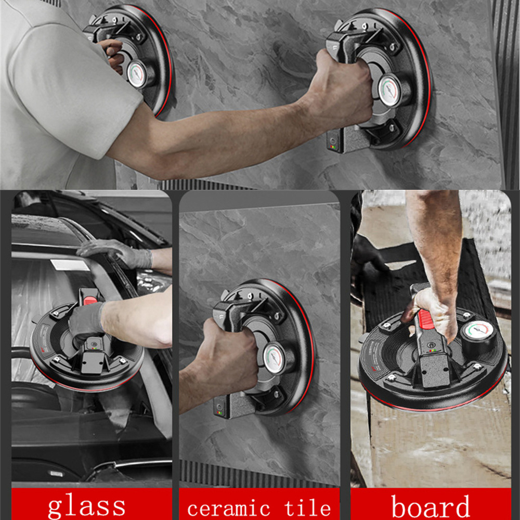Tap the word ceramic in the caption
[x=229, y=509]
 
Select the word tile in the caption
[x=307, y=508]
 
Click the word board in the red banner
[x=431, y=506]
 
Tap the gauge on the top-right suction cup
[x=391, y=89]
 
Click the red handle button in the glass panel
[x=90, y=301]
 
